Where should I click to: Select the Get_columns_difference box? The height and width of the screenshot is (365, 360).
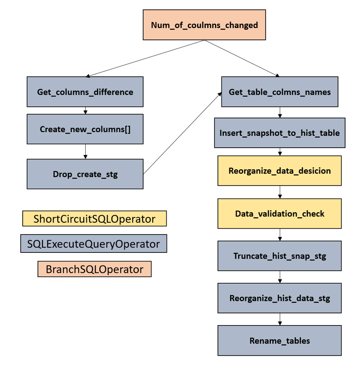click(85, 92)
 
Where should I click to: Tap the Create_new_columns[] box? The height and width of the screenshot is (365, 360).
click(85, 129)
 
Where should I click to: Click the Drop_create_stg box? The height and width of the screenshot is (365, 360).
click(85, 174)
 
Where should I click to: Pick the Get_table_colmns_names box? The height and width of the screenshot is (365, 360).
click(279, 92)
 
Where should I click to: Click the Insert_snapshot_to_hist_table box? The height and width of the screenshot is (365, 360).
click(279, 133)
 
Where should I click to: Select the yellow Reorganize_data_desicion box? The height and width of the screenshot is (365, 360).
click(279, 171)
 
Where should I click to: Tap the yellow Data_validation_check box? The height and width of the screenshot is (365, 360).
click(279, 214)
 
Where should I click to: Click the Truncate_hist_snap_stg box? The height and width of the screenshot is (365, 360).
click(279, 256)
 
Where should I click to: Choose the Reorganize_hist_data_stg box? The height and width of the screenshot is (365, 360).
click(279, 298)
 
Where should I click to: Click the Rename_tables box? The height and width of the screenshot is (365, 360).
click(279, 340)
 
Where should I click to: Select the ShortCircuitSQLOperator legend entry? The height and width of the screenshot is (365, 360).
click(94, 219)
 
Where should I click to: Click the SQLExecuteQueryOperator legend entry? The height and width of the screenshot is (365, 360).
click(94, 244)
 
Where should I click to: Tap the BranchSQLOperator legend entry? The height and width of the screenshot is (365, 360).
click(94, 269)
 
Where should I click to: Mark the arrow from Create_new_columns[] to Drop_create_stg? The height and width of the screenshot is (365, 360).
click(85, 151)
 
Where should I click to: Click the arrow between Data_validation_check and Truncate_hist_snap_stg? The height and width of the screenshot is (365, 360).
click(280, 234)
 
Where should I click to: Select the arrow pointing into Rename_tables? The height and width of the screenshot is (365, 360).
click(280, 319)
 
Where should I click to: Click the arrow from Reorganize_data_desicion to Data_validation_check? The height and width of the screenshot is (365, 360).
click(280, 192)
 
